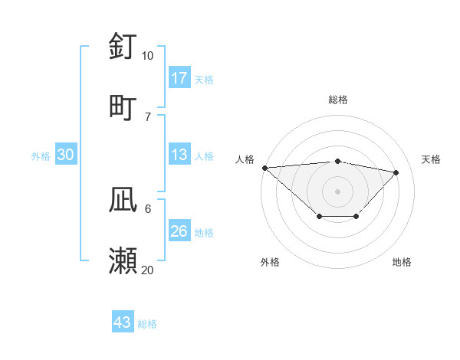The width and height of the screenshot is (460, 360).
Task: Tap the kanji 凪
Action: click(123, 200)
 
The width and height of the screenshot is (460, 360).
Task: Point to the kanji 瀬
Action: click(123, 260)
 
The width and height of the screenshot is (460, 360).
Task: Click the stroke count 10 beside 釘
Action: click(147, 56)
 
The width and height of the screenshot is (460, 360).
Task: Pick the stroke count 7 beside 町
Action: click(147, 116)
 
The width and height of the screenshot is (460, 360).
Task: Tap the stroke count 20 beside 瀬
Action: click(147, 270)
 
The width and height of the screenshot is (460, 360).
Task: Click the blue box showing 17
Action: click(179, 78)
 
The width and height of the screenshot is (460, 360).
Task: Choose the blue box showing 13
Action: click(179, 155)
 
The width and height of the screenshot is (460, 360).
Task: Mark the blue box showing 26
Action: click(179, 231)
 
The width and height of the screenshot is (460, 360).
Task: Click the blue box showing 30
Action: click(66, 155)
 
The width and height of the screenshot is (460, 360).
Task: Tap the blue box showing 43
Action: click(123, 322)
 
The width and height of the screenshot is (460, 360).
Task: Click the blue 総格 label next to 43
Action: click(147, 324)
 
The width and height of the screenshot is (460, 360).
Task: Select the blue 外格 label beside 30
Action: click(41, 156)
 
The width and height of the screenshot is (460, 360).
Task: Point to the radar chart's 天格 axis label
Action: click(432, 159)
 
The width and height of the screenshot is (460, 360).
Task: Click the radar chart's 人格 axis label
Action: click(245, 159)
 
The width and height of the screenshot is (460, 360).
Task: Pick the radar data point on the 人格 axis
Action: click(264, 168)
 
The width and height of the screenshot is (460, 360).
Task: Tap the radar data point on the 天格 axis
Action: click(396, 172)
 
